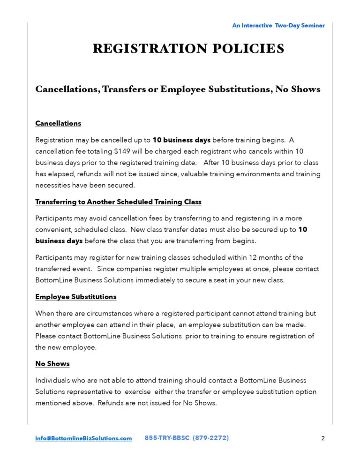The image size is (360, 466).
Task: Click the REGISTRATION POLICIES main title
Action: click(x=188, y=49)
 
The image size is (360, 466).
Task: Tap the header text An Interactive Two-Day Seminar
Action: click(x=278, y=25)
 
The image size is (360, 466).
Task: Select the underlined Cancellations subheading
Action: click(x=58, y=123)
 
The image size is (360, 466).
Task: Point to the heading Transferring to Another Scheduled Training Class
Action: click(x=118, y=202)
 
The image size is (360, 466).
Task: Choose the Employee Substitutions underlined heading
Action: click(x=76, y=297)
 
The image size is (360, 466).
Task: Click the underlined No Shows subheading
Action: click(x=52, y=363)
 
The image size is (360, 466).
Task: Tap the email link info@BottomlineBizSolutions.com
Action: click(x=83, y=438)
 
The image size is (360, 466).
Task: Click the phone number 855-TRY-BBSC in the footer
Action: click(x=166, y=438)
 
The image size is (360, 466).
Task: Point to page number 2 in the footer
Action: click(x=323, y=439)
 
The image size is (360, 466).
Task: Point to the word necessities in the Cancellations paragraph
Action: click(x=53, y=185)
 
